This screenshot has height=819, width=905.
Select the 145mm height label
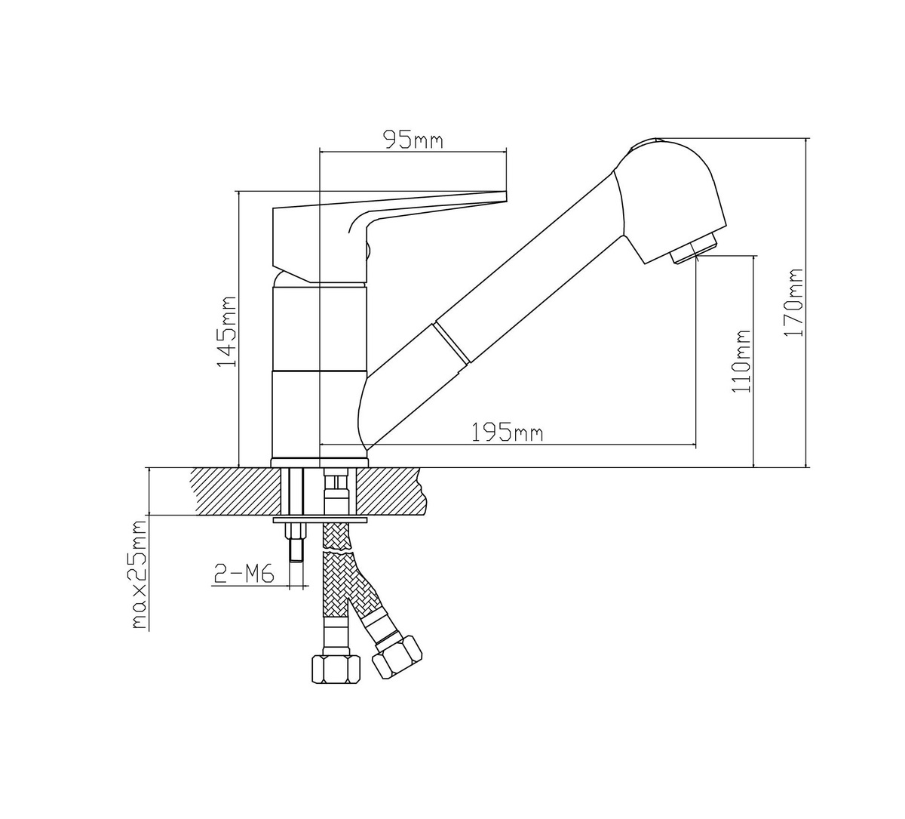point(227,331)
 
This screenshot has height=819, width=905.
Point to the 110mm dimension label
point(742,361)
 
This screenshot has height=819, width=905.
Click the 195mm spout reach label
point(508,433)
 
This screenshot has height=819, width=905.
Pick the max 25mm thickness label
point(139,575)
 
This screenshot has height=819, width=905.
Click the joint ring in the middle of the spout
point(451,343)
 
